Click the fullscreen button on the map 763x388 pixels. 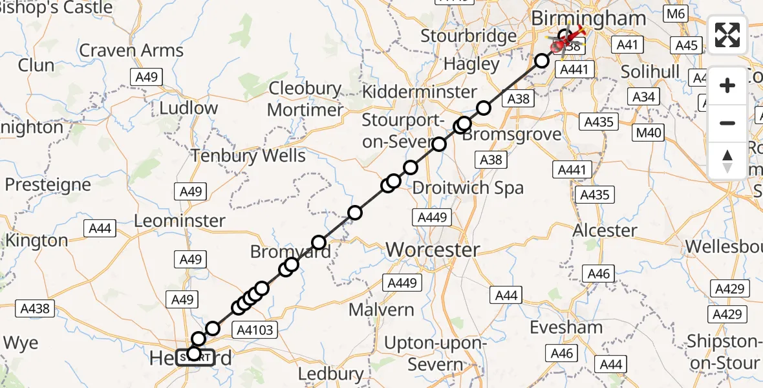coord(727,35)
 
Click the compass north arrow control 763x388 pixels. coord(727,161)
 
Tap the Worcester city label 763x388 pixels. coord(433,249)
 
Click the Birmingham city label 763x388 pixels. coord(588,18)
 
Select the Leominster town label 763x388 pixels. coord(180,221)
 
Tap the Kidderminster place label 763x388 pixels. coord(419,92)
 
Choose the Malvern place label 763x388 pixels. coord(381,310)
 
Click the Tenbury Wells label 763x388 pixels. coord(248,156)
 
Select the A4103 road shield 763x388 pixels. coord(257,330)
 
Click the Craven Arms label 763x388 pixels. coord(131,50)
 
